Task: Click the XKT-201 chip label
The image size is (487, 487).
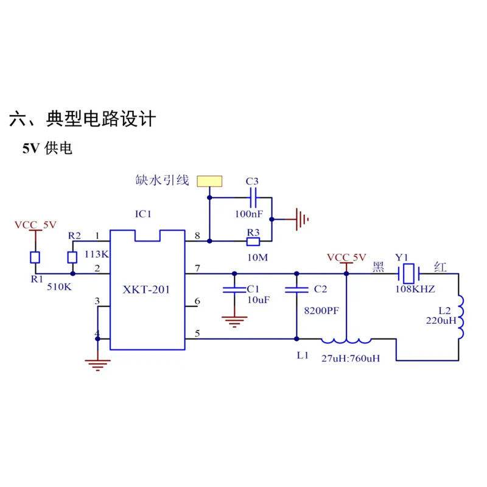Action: point(146,290)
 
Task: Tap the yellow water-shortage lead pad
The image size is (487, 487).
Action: point(209,181)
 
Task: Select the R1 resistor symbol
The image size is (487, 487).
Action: point(35,258)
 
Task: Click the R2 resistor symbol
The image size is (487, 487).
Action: point(72,258)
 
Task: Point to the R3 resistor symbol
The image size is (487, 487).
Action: point(253,241)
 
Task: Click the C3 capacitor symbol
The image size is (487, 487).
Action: point(253,197)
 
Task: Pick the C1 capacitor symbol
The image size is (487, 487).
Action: point(234,290)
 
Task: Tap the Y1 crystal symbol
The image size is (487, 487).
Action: point(408,273)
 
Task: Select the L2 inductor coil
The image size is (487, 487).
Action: point(460,317)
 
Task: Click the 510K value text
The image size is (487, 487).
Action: point(59,287)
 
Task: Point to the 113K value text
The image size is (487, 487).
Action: point(97,254)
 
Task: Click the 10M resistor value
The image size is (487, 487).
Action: point(258,258)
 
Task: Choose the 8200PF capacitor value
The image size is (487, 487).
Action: point(321,310)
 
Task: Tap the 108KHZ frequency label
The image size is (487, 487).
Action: point(415,289)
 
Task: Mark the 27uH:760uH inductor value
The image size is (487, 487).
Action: point(351,359)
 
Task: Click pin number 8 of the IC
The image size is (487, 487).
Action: point(197,236)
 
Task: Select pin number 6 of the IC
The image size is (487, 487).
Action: point(197,301)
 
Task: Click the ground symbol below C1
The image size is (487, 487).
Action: point(234,321)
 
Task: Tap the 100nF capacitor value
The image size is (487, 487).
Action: point(249,214)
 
